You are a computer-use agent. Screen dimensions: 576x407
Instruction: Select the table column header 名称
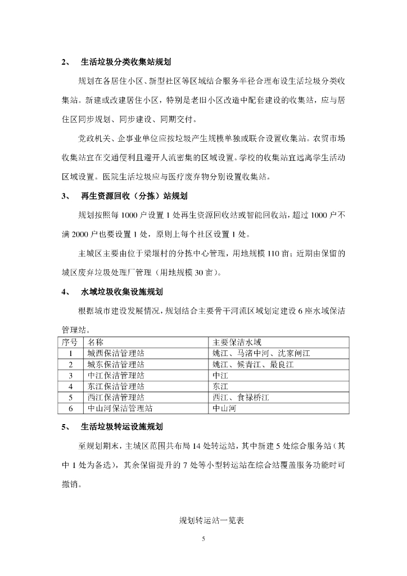(96, 342)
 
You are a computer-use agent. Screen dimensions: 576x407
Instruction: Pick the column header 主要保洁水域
(237, 342)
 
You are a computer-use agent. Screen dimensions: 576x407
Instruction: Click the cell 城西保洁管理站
(116, 353)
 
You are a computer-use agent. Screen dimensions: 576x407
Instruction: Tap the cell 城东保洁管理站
(116, 364)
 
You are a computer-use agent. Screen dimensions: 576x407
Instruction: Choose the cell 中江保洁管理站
(116, 375)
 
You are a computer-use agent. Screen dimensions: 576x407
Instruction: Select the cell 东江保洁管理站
(116, 386)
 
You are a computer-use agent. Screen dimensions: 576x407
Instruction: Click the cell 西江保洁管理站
(116, 398)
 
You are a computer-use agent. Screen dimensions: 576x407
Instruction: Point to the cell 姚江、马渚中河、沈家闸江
(261, 353)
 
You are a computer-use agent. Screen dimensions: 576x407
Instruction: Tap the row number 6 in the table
(71, 409)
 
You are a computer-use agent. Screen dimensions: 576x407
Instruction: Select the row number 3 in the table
(71, 375)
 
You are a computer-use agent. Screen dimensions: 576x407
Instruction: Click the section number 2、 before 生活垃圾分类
(66, 62)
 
